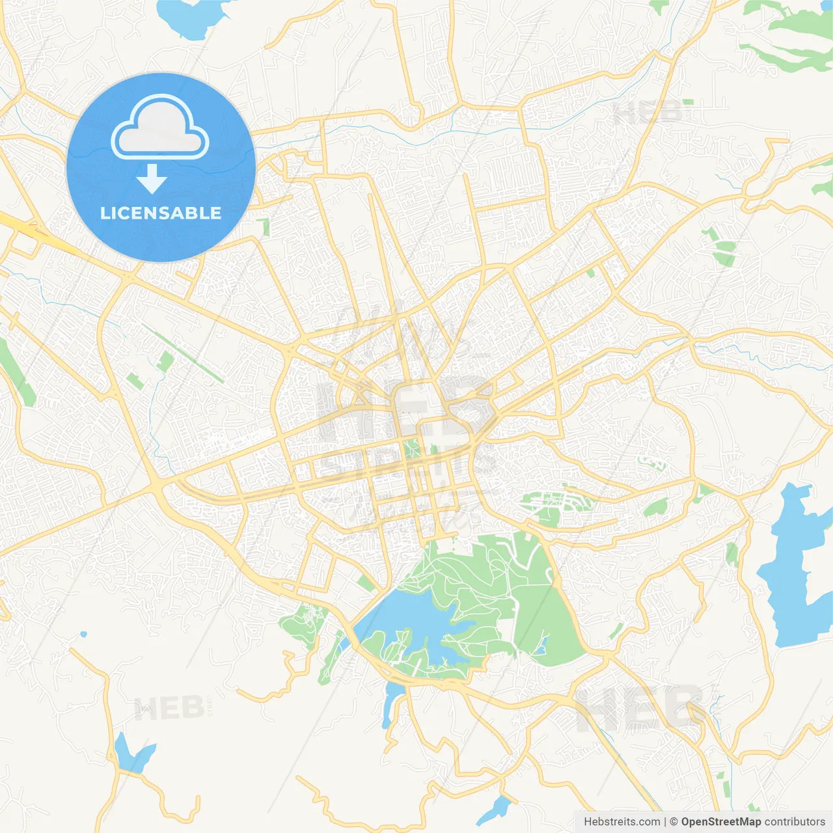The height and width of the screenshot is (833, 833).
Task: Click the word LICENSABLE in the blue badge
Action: pyautogui.click(x=161, y=213)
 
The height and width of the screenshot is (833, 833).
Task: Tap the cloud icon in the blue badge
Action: pyautogui.click(x=160, y=128)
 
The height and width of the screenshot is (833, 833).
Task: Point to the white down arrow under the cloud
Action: pyautogui.click(x=152, y=180)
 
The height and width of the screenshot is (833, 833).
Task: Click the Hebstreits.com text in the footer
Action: pyautogui.click(x=622, y=822)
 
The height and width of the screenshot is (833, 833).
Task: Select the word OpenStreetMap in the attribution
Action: pyautogui.click(x=721, y=822)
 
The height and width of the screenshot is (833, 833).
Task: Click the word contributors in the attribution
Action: pyautogui.click(x=795, y=822)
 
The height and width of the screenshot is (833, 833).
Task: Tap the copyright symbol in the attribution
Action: pyautogui.click(x=674, y=822)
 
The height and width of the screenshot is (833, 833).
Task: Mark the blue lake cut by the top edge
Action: pyautogui.click(x=192, y=16)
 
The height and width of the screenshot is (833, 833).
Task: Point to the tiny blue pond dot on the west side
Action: pyautogui.click(x=83, y=634)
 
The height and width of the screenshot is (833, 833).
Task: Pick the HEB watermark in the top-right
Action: pyautogui.click(x=648, y=113)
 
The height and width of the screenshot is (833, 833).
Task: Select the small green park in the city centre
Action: pyautogui.click(x=410, y=448)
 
